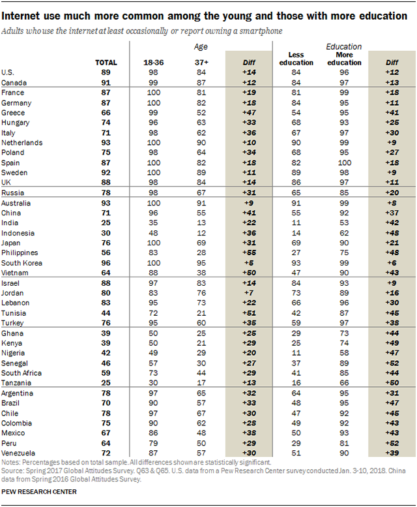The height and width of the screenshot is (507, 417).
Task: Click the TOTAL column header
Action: pos(106,63)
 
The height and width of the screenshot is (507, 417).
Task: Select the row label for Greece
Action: pos(13,113)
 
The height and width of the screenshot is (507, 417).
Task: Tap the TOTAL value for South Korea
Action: pos(106,263)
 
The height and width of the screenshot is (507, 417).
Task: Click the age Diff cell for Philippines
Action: pos(249,253)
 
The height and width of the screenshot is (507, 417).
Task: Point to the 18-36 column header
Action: pos(153,63)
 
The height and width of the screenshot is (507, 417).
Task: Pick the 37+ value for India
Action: pos(201,223)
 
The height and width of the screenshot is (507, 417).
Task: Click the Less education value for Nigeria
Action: pos(296,353)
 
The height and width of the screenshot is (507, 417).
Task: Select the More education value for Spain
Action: pos(344,163)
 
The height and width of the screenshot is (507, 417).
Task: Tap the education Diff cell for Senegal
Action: pos(392,363)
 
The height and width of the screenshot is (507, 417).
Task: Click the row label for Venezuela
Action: pos(18,453)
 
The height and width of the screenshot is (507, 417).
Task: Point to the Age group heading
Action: pos(201,47)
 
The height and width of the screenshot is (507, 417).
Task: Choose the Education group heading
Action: pos(344,46)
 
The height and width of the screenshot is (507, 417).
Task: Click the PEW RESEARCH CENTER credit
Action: pos(39,492)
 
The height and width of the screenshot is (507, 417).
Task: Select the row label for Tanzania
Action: pos(16,383)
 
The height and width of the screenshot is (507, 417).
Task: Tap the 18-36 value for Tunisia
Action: pos(153,313)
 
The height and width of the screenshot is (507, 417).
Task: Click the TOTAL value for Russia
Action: pos(106,192)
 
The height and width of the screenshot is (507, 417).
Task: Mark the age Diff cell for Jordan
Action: pos(249,293)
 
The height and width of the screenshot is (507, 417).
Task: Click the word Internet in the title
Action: pos(21,16)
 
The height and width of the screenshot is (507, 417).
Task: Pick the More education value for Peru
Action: pos(344,443)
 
